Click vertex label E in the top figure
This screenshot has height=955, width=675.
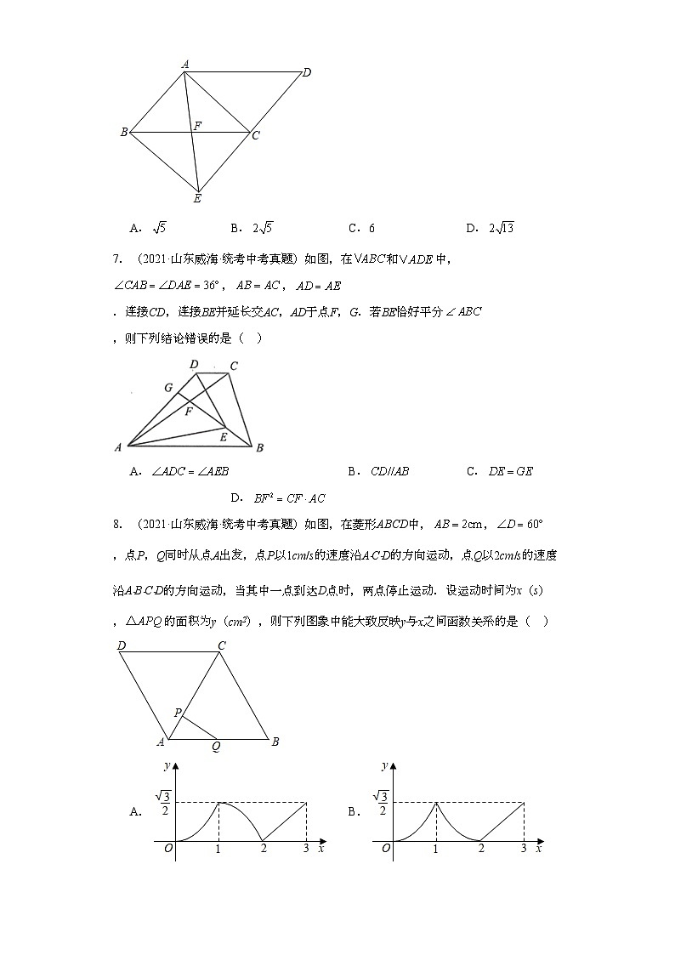197,199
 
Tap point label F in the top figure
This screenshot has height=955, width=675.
197,126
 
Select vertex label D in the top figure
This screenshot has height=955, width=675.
307,72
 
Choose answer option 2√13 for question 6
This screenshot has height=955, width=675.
495,228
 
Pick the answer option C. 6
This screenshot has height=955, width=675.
362,228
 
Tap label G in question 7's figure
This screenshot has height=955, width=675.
169,388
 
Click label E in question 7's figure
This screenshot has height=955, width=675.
223,436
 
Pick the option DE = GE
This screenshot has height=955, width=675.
510,471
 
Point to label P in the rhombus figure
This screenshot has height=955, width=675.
178,713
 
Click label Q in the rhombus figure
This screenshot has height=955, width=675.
216,748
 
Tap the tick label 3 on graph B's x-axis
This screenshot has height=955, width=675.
523,849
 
